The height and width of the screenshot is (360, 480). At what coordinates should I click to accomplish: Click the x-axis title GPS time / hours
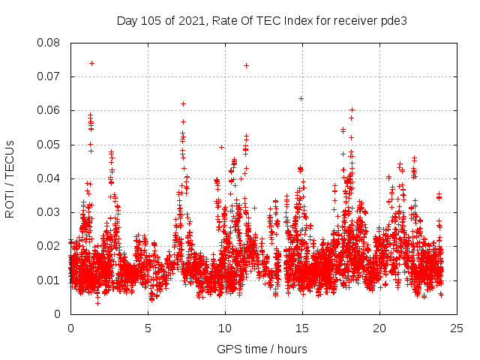pos(262,349)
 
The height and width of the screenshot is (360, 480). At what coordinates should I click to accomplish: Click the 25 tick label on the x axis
pos(457,328)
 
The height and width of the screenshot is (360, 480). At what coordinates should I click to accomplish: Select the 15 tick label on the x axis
pos(302,328)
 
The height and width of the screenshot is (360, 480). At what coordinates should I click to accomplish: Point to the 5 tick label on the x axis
pos(148,328)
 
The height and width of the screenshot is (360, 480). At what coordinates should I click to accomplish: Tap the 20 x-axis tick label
pos(379,328)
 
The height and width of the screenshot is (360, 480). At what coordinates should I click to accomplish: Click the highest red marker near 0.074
pos(91,63)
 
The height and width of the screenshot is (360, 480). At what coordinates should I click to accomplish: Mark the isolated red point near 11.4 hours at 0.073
pos(246,65)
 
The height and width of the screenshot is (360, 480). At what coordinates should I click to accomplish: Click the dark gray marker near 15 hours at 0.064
pos(301,98)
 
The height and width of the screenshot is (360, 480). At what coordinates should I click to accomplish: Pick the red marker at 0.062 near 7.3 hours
pos(183,103)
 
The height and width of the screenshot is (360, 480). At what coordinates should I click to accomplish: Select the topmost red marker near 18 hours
pos(352,109)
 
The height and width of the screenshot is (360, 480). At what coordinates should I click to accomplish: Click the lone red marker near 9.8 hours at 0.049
pos(221,147)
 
